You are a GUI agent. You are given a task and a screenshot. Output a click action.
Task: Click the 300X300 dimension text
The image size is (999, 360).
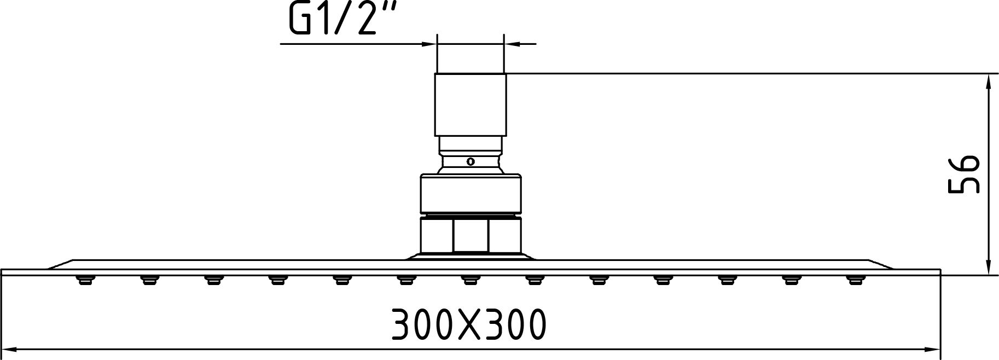click(469, 324)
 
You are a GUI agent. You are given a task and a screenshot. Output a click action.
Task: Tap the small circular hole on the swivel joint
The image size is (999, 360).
click(470, 161)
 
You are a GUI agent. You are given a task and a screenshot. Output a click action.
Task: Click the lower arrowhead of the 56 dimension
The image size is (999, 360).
click(988, 269)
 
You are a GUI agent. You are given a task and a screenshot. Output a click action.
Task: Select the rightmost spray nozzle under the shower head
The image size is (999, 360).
click(854, 280)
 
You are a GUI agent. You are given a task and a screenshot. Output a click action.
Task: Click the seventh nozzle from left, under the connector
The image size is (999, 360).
click(469, 280)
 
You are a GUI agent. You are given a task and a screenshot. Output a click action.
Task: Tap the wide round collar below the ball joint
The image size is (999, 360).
click(470, 193)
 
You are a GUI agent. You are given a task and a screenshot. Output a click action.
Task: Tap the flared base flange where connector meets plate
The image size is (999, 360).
click(470, 257)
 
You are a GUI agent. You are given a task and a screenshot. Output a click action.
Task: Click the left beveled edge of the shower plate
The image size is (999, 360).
click(60, 264)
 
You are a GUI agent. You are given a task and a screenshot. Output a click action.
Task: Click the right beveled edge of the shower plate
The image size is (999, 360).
click(881, 264)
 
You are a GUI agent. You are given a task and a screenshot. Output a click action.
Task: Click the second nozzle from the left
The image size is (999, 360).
click(148, 280)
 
